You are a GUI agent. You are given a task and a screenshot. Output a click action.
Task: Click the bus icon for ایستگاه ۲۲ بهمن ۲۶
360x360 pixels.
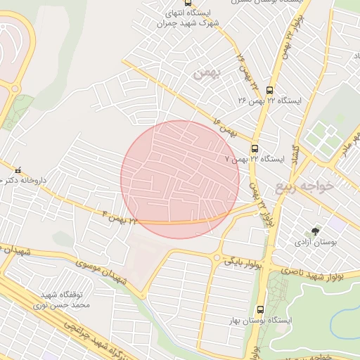click(269, 89)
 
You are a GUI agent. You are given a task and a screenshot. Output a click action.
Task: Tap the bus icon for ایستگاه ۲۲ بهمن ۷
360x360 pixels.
click(255, 148)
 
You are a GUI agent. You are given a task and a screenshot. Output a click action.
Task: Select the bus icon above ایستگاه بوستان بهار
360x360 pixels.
click(260, 309)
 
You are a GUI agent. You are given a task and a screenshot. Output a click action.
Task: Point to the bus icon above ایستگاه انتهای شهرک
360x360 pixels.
click(187, 2)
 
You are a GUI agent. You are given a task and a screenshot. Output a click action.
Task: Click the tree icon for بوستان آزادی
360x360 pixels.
click(314, 231)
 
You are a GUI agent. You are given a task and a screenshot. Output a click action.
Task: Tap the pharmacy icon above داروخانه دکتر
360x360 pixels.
click(18, 169)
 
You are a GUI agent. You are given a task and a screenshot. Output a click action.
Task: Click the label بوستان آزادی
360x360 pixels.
click(314, 243)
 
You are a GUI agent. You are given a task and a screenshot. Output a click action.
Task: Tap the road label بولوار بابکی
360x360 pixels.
click(243, 263)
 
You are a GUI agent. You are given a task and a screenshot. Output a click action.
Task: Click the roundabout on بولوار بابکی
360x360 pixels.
click(217, 258)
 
